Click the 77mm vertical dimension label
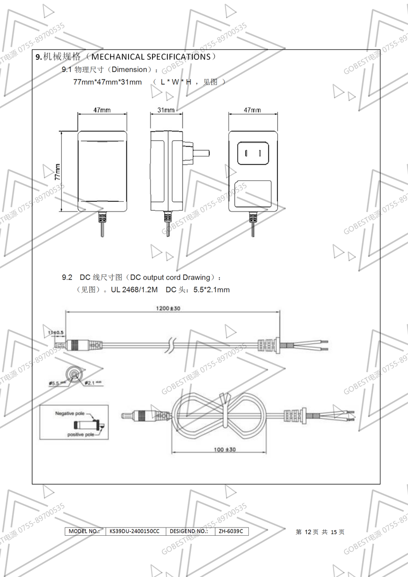58,172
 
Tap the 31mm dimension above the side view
166,110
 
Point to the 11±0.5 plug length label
56,332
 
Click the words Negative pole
70,414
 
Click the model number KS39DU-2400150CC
135,531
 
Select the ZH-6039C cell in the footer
231,531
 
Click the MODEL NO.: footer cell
84,531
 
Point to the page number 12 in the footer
308,532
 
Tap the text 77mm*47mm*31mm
107,82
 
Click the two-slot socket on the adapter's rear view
253,152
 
